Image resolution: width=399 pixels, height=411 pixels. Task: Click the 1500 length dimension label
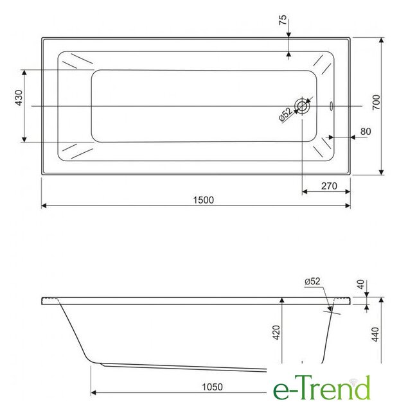203,200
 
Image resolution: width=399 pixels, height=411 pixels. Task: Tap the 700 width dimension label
376,103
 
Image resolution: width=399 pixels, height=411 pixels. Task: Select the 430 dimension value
19,98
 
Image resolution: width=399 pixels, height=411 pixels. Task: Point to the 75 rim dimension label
283,20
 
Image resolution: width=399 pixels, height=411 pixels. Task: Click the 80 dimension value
366,131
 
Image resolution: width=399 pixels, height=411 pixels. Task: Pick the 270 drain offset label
329,186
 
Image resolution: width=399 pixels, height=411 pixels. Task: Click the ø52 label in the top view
285,114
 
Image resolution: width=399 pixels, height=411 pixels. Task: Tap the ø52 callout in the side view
312,281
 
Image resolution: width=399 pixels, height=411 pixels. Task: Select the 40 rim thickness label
361,284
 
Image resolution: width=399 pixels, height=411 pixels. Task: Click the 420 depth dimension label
276,333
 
